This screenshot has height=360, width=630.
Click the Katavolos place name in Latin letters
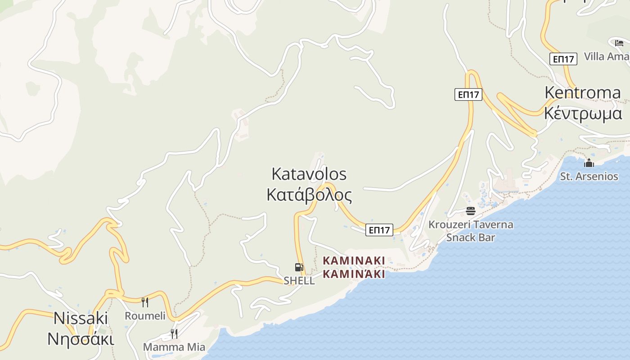coord(309,174)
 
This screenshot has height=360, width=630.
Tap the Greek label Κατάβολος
coord(309,195)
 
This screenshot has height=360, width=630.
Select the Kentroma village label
coord(582,93)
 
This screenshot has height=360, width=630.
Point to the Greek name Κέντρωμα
coord(583,113)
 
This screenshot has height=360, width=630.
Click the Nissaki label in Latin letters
coord(81,318)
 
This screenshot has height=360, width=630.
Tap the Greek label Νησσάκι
coord(81,339)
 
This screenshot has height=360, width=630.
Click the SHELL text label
coord(299,281)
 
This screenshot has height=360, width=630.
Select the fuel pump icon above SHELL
coord(299,267)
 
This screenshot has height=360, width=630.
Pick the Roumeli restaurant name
coord(145,316)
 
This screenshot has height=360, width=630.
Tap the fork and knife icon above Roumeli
coord(145,302)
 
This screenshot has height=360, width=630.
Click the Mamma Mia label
coord(174,347)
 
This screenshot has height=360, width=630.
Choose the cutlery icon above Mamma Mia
coord(174,334)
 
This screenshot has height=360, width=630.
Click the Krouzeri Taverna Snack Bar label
coord(471,231)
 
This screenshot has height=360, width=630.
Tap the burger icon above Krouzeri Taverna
coord(471,211)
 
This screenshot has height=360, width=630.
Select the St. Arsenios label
coord(589,176)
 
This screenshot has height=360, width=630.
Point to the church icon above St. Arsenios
coord(589,163)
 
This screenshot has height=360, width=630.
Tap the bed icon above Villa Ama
coord(619,43)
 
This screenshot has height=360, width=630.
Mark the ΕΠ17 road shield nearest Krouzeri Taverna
coord(379,230)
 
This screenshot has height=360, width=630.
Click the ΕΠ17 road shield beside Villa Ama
coord(563,59)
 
